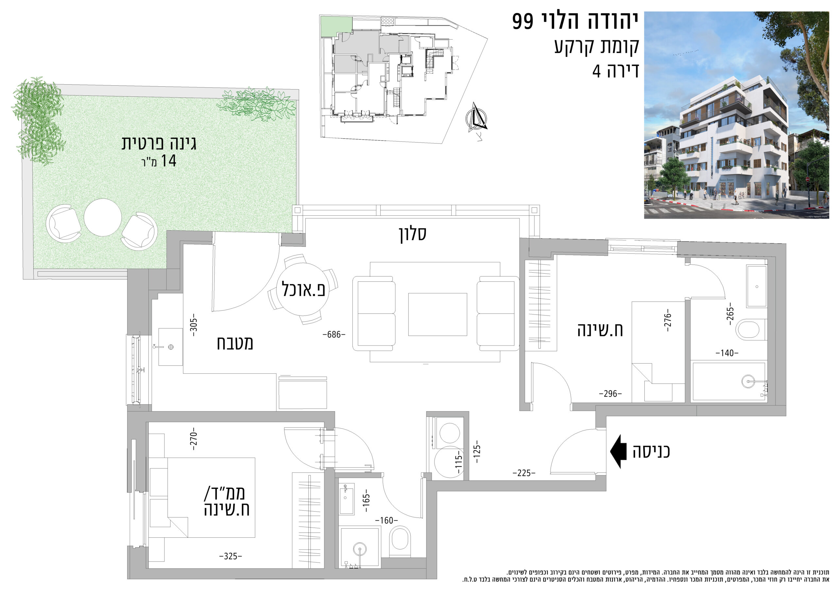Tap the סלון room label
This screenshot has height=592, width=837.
tap(412, 234)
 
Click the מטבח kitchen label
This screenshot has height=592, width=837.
tap(235, 343)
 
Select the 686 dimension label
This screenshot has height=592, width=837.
tap(334, 334)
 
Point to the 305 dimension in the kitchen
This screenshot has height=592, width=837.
tap(194, 324)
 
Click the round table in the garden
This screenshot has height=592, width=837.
tap(103, 217)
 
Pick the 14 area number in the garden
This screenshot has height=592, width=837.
tap(168, 161)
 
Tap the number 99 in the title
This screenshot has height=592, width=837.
tap(523, 21)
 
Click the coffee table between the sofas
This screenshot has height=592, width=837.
tap(437, 314)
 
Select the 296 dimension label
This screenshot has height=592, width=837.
tap(610, 394)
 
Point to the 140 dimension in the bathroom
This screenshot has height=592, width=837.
tap(727, 353)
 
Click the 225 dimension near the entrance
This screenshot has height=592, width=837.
tap(524, 473)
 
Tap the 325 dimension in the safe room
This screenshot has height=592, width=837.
tap(231, 556)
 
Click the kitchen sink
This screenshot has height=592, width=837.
tap(170, 347)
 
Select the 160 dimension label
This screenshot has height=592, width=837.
tap(386, 520)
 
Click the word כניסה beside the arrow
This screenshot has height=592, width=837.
tap(651, 451)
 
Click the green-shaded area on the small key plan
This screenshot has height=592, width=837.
tap(336, 26)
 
